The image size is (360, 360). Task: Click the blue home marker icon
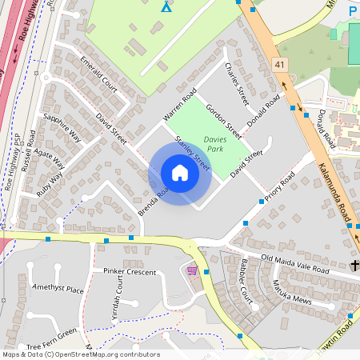click(x=180, y=173)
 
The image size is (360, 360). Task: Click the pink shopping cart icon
click(x=192, y=270)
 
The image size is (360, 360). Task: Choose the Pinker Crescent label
click(x=130, y=272)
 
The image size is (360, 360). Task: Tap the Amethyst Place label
click(x=58, y=289)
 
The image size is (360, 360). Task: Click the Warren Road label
click(x=179, y=105)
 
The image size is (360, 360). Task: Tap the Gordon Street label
click(x=223, y=120)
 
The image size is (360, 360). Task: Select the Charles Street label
click(x=238, y=83)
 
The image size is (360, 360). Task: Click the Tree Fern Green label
click(x=51, y=338)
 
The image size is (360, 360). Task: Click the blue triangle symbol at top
click(x=166, y=7)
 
